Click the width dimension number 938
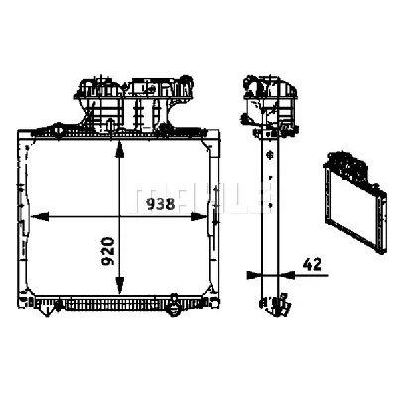[x=161, y=204]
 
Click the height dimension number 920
[x=108, y=251]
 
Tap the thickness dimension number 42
[x=312, y=264]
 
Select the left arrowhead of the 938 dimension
[x=39, y=217]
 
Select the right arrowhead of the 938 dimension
[x=199, y=217]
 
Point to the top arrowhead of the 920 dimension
[x=119, y=149]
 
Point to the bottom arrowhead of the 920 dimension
[x=119, y=285]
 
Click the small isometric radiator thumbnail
[x=356, y=201]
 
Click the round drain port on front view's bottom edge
[x=174, y=308]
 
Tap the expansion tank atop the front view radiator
[x=134, y=102]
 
